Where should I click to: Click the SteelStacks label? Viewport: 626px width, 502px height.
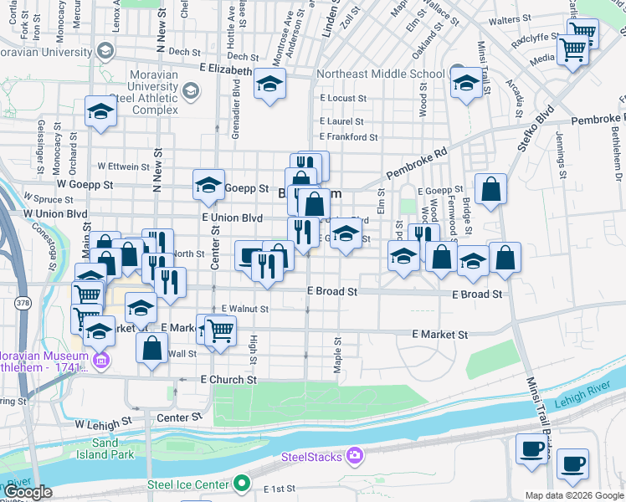[x=310, y=457]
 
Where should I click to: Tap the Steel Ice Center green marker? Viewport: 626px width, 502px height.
[x=243, y=483]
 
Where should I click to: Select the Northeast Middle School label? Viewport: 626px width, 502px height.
[x=381, y=74]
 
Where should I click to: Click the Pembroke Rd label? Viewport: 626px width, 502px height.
[x=418, y=164]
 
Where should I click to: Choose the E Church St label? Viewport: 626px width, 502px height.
[x=228, y=379]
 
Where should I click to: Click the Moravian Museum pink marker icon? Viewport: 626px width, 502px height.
[x=101, y=361]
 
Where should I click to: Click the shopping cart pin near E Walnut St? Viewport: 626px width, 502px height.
[x=220, y=330]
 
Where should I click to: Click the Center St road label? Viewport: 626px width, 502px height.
[x=215, y=252]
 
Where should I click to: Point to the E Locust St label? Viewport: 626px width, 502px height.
[x=343, y=99]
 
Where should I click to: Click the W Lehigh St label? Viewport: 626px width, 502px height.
[x=104, y=424]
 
